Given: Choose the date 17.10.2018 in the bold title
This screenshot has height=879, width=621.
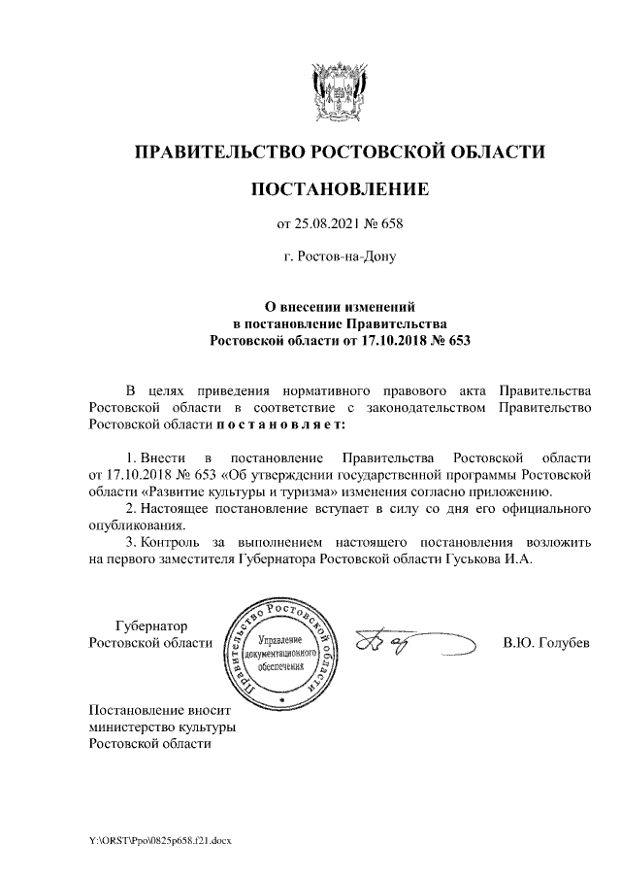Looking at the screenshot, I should point(387,341).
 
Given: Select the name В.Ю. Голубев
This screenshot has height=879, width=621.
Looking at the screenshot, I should point(546,643).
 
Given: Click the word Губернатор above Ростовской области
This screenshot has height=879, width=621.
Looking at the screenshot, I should point(150,625).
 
